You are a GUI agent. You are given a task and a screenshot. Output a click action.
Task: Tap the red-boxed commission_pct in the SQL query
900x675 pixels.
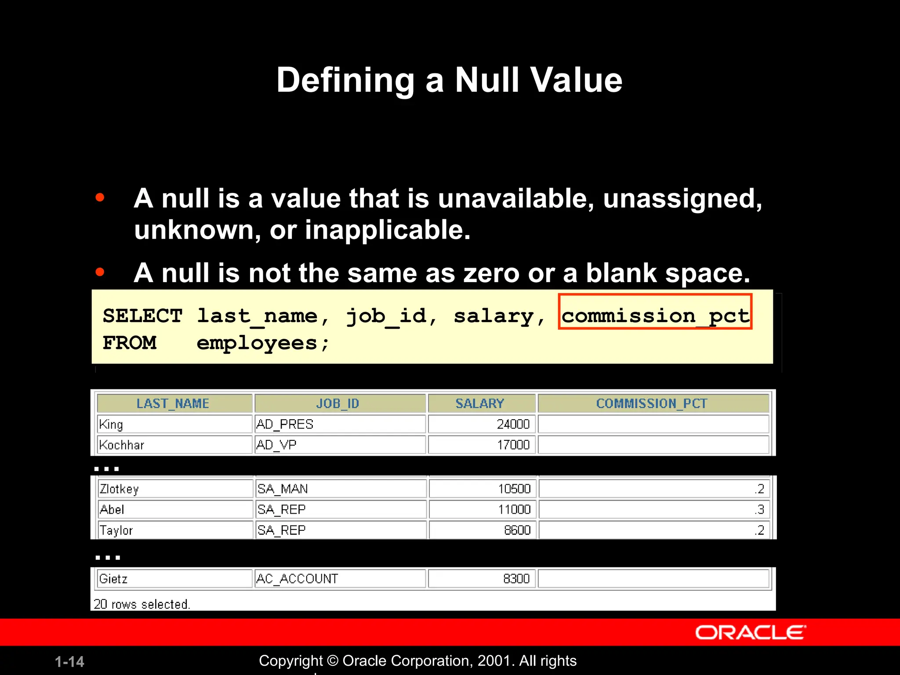[x=655, y=316]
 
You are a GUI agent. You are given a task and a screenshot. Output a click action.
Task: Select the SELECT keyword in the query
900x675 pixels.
[x=142, y=316]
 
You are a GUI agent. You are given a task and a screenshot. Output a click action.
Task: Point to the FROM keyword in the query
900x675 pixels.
[x=130, y=343]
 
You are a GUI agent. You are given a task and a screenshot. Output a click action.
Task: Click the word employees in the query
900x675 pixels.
[x=257, y=343]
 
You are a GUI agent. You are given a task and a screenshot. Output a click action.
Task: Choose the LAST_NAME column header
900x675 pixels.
[x=173, y=403]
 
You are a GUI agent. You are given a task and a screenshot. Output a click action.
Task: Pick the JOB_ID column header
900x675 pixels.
[x=337, y=403]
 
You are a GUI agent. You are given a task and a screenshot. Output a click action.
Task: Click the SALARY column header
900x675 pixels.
[x=479, y=403]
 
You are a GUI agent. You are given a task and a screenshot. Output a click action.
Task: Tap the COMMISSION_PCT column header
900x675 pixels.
[x=652, y=403]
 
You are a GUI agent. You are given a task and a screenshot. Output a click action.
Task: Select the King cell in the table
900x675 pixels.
[x=111, y=425]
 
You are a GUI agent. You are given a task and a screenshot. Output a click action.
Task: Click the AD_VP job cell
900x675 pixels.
[x=276, y=445]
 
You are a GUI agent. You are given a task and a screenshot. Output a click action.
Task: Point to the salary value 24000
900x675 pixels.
[x=513, y=425]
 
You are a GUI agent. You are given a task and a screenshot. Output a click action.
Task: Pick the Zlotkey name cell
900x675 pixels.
[x=119, y=489]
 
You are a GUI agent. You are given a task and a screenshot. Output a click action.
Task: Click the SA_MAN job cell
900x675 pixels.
[x=283, y=489]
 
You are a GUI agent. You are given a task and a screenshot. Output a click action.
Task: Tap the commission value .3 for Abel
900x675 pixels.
[x=759, y=510]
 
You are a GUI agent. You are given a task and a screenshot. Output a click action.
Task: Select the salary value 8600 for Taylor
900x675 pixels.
[x=517, y=530]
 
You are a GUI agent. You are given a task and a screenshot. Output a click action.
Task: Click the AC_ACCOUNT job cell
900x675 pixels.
[x=297, y=579]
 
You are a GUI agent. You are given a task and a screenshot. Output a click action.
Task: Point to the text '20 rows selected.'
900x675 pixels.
[x=142, y=604]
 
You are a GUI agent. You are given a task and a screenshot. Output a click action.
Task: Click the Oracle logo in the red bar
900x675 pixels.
[x=750, y=633]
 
